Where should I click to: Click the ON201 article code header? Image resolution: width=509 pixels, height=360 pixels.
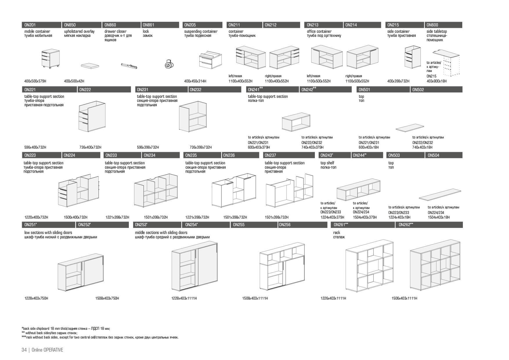[x=30, y=25]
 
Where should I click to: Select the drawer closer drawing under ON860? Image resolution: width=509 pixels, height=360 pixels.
[x=129, y=65]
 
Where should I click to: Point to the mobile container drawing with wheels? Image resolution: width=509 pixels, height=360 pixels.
[x=50, y=59]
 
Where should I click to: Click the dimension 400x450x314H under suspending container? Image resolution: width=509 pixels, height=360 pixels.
[x=195, y=81]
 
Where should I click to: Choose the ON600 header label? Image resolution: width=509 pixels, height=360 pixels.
[x=432, y=25]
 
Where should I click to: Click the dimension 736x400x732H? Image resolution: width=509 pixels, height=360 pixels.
[x=90, y=147]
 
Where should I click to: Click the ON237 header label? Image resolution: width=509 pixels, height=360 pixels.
[x=270, y=155]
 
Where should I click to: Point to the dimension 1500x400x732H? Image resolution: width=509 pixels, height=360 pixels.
[x=75, y=217]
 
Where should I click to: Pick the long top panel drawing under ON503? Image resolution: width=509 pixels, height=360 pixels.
[x=440, y=195]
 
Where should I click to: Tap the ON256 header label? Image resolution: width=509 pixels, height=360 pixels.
[x=285, y=225]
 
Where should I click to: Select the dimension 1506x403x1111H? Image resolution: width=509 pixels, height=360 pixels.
[x=404, y=298]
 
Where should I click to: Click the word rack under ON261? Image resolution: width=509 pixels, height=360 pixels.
[x=337, y=233]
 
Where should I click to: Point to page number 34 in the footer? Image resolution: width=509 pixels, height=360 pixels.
[x=24, y=350]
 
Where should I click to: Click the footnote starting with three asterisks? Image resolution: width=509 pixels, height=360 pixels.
[x=100, y=337]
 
